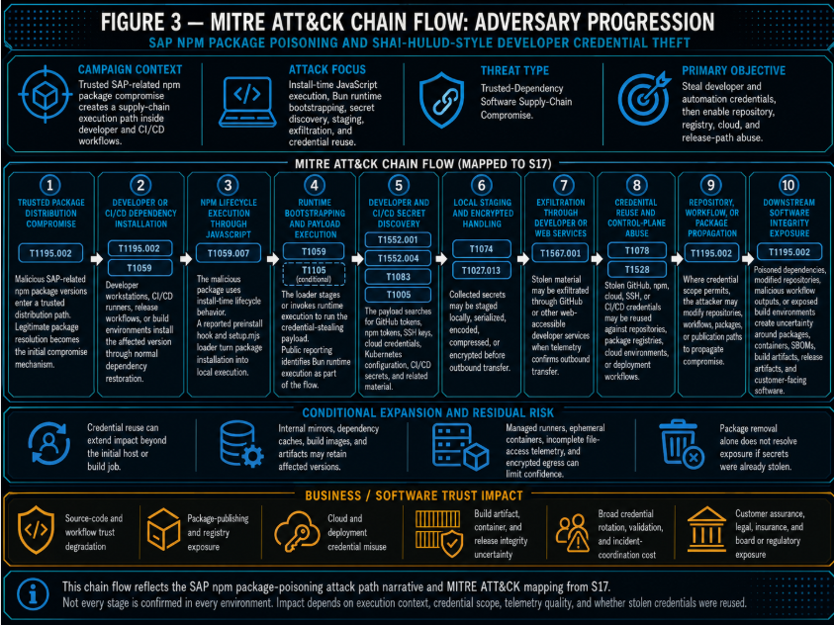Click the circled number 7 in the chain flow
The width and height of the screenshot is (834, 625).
coord(563,185)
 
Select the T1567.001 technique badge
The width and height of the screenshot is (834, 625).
coord(560,253)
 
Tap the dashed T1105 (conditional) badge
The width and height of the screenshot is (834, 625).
coord(314,274)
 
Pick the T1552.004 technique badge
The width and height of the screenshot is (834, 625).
coord(398,258)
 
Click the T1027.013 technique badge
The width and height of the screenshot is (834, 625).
coord(482,270)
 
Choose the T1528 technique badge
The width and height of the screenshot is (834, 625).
coord(637,269)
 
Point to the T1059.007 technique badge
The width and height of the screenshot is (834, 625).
coord(229,253)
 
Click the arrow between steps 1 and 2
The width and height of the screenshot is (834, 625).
coord(96,259)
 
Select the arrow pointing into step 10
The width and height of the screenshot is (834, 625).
coord(748,259)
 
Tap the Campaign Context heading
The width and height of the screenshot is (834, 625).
coord(130,69)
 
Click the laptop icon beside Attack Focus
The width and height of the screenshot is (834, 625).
coord(247,102)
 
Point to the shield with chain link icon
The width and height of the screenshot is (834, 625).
coord(441,101)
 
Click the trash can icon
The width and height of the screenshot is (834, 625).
coord(681,444)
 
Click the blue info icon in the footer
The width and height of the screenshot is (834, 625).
coord(33,594)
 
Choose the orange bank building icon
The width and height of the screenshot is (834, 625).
coord(706,529)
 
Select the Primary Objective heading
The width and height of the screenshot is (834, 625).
coord(733,70)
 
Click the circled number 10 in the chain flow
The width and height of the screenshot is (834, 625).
coord(788,185)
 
